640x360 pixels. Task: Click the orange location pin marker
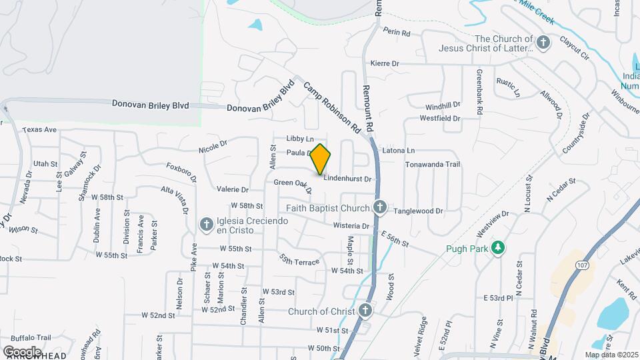coord(321,159)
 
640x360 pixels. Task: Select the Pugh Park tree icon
coord(497,248)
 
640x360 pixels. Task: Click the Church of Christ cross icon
coord(365,311)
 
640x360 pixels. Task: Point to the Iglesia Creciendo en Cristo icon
coord(207,223)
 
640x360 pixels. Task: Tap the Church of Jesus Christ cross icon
coord(544,43)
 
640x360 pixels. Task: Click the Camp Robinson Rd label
coord(331,107)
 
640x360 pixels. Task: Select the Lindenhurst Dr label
coord(347,179)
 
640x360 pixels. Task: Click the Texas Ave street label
coord(40,130)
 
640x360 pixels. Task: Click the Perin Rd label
coord(396,32)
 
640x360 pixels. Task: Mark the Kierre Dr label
coord(385,63)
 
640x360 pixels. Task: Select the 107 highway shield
coord(583,265)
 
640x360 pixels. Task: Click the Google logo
coord(22,351)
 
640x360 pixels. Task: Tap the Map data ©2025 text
coord(611,355)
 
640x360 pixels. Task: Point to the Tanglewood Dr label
coord(418,211)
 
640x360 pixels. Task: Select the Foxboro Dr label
coord(181,171)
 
